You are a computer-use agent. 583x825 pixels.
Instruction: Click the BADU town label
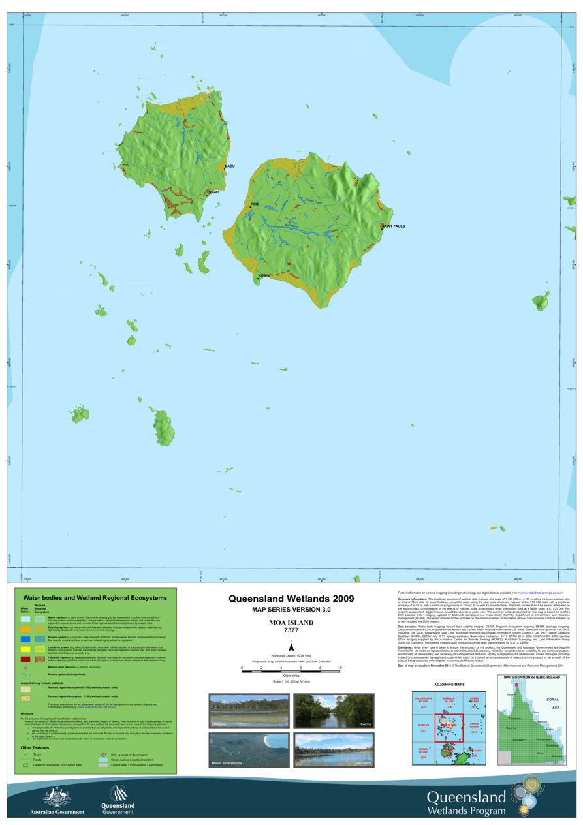[229, 166]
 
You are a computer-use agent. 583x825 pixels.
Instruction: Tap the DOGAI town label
[213, 192]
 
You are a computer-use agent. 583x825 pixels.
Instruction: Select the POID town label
[255, 204]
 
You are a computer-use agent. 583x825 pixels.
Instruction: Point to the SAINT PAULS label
[394, 226]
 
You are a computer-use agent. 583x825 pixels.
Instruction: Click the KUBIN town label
[264, 276]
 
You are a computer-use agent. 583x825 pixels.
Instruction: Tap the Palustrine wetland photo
[249, 711]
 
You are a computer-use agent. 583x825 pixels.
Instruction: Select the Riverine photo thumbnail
[334, 711]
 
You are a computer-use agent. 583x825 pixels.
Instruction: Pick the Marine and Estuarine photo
[249, 750]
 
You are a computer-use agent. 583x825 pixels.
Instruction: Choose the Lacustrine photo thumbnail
[334, 750]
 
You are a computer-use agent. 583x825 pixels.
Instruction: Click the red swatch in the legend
[25, 660]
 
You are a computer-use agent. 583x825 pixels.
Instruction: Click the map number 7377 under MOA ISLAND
[291, 630]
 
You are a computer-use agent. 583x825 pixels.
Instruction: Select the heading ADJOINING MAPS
[449, 685]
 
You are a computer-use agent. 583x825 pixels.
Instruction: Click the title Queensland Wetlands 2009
[291, 598]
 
